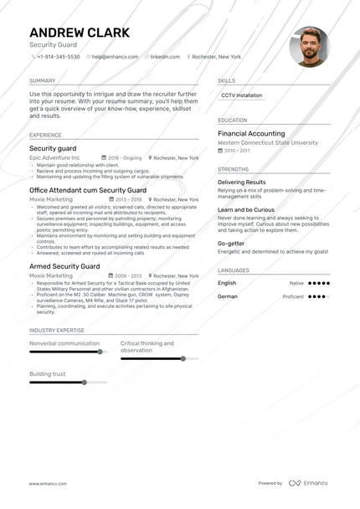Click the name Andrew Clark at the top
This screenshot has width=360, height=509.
click(80, 33)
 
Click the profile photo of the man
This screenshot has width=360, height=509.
click(309, 47)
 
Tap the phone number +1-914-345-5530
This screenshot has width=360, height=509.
click(59, 57)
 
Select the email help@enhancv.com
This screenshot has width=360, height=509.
click(116, 57)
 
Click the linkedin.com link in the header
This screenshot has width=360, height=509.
click(165, 57)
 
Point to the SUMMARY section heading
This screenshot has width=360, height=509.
click(42, 80)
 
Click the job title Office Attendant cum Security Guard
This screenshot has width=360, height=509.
click(87, 190)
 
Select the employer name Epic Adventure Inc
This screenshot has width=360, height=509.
click(54, 157)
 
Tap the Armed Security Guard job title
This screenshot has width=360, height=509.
click(64, 266)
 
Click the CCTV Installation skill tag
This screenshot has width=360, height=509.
click(242, 95)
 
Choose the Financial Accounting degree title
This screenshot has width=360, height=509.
click(251, 133)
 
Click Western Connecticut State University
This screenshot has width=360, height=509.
click(268, 142)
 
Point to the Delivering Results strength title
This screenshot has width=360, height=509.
click(241, 182)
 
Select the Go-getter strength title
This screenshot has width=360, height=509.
click(232, 243)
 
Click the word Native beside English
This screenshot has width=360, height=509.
click(296, 283)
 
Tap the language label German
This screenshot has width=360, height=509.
click(227, 296)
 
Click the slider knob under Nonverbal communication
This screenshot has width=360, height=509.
click(100, 352)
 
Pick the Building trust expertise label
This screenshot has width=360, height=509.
click(47, 373)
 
